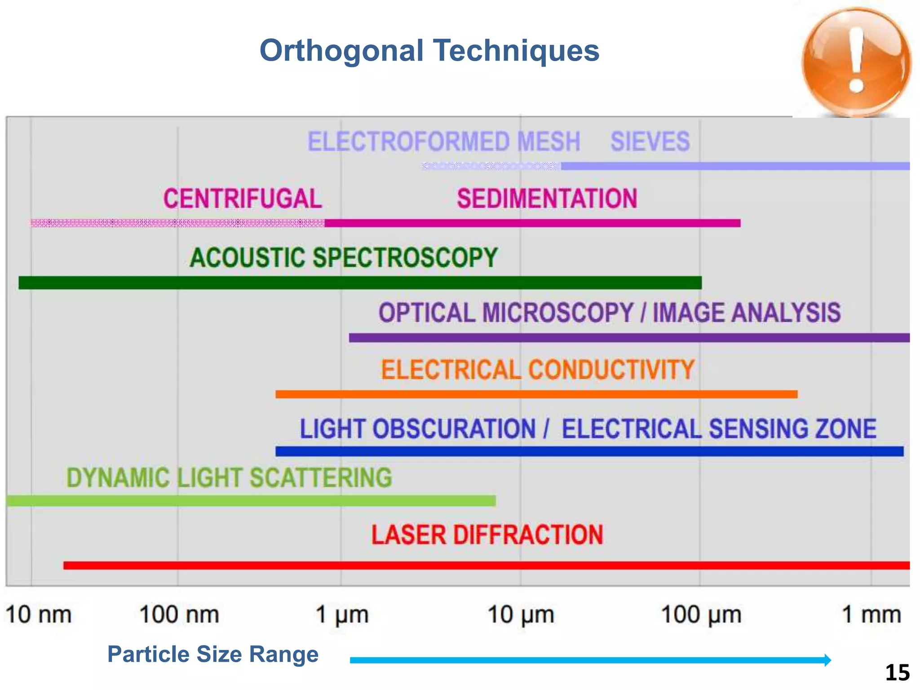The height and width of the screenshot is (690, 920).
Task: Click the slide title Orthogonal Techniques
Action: coord(429,50)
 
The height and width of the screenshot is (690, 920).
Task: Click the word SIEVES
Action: coord(650,142)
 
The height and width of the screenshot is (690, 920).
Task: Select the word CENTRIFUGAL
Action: coord(243,199)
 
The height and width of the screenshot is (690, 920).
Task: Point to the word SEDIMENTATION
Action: coord(547,199)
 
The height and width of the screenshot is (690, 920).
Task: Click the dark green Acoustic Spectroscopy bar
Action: coord(359,283)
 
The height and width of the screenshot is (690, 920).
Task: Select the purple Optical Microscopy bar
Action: coord(629,338)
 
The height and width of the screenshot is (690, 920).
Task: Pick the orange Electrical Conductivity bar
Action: coord(536,394)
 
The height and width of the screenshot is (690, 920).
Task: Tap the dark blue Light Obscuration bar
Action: coord(589,451)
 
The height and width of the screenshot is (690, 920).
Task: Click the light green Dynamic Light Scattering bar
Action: coord(252,500)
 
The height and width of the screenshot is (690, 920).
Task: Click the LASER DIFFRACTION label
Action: coord(487,535)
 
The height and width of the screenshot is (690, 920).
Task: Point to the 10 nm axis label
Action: coord(39,615)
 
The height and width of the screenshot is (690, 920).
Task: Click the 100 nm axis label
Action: coord(179,615)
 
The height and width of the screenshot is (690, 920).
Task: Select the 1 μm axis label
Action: coord(342,615)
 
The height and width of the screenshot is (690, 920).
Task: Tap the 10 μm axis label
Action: coord(521,615)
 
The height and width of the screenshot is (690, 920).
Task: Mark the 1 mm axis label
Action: coord(871,615)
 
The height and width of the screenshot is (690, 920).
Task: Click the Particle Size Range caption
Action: coord(213,654)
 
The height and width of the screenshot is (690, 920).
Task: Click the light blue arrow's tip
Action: coord(829,660)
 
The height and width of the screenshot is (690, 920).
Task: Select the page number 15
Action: coord(897,673)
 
